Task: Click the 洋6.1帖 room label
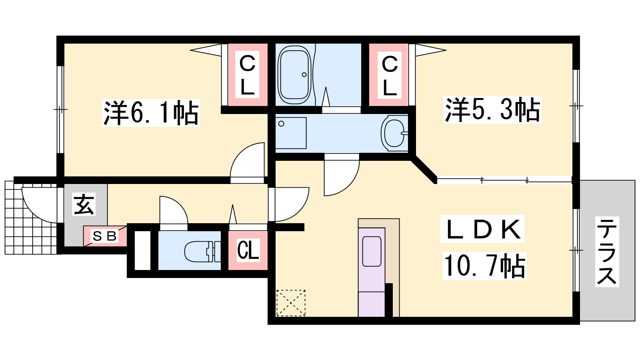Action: pos(151,113)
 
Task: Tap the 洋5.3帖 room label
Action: pos(492,110)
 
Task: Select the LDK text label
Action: pos(482,229)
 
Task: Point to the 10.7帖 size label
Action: pos(484,266)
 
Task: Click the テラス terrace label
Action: pos(607,252)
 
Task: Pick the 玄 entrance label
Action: pos(84,204)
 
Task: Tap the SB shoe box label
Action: pos(105,236)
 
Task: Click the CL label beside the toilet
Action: pos(248,250)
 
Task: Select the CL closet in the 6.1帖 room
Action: pos(247,74)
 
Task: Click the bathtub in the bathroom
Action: pos(294,75)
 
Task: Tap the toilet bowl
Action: pos(202,252)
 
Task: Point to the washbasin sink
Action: pos(394,133)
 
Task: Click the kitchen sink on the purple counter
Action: pos(372,252)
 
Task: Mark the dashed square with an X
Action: pos(291,303)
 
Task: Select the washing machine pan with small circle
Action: pos(291,133)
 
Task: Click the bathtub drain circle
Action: pos(304,74)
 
